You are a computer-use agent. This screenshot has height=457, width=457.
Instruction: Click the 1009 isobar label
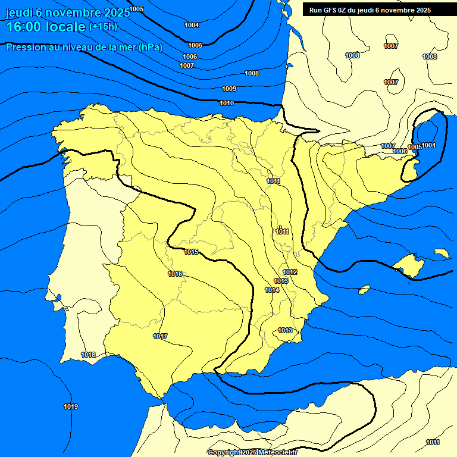tap(229, 89)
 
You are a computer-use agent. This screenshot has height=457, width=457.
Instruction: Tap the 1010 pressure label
tap(227, 103)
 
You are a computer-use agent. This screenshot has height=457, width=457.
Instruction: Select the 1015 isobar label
tap(191, 252)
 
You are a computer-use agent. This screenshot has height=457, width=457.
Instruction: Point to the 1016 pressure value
tap(175, 274)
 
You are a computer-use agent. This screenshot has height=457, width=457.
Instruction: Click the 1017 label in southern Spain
tap(160, 336)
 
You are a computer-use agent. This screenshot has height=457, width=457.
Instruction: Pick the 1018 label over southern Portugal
tap(88, 355)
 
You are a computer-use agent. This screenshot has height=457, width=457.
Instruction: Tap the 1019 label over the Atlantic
tap(71, 406)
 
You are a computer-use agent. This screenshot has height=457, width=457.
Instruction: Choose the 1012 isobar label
tap(290, 272)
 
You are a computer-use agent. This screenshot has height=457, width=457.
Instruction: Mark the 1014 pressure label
tap(273, 290)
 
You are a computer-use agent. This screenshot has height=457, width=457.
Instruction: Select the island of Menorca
tap(442, 253)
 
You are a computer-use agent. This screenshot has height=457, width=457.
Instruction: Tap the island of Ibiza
tap(364, 289)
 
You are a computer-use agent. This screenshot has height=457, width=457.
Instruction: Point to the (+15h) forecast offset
tap(103, 27)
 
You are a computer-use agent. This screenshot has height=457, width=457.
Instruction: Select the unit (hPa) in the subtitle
tap(150, 47)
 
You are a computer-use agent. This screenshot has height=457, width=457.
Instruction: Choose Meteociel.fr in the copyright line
tap(278, 452)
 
